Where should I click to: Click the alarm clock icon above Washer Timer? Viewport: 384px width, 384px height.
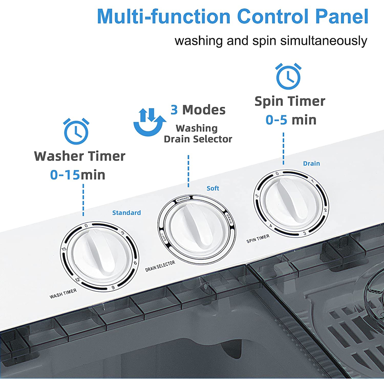[76, 131]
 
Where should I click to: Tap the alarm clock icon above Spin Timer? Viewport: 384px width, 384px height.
[288, 76]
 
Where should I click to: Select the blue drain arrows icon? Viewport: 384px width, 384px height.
[150, 122]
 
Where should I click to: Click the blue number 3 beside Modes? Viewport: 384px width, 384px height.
[174, 110]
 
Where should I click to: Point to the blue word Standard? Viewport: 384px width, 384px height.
[126, 213]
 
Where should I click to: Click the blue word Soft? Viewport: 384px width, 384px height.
[213, 188]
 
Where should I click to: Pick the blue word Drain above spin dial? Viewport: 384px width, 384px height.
[311, 163]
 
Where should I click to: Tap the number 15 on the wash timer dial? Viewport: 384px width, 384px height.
[64, 249]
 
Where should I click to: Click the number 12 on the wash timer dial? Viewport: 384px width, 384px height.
[77, 279]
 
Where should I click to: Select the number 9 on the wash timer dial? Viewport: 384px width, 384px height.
[113, 288]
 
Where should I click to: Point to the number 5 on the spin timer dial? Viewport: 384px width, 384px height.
[257, 196]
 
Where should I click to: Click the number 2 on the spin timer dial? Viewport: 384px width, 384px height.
[325, 210]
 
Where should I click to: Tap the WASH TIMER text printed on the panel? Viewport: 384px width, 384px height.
[63, 294]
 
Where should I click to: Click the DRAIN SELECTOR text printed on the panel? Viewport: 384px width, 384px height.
[160, 266]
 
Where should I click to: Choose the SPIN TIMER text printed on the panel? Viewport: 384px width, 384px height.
[258, 238]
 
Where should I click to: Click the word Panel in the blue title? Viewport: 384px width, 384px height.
[342, 16]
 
